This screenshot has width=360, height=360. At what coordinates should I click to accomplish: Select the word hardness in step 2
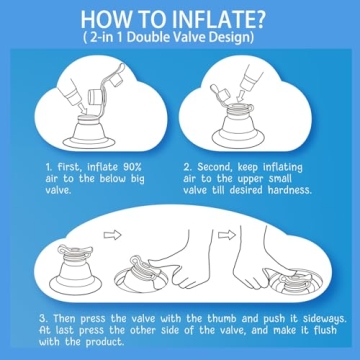point(289,190)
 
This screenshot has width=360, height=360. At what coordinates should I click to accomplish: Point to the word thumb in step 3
point(223,318)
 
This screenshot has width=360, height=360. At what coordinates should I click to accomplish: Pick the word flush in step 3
point(325,330)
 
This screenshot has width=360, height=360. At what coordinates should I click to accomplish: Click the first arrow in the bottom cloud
point(112,235)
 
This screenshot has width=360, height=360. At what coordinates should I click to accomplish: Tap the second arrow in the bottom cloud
point(227,235)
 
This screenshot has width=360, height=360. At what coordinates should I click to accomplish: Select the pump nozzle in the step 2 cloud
point(249,79)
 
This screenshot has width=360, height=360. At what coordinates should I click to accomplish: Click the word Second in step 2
point(213,167)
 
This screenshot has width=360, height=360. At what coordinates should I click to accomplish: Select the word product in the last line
point(103,342)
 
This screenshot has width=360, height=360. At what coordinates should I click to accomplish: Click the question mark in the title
point(260,20)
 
